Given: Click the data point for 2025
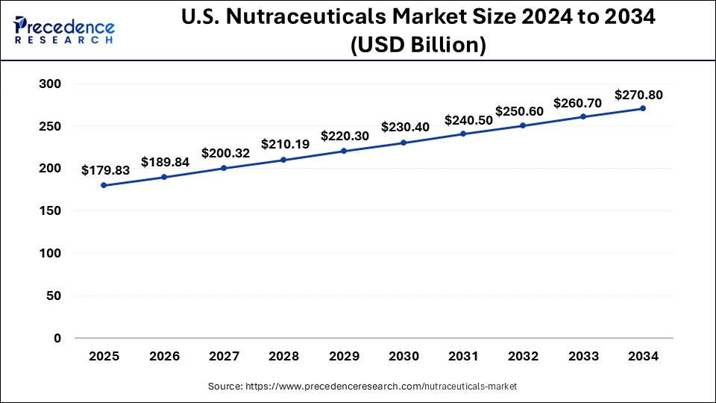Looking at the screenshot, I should [x=104, y=185].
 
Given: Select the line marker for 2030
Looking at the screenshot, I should [x=403, y=143].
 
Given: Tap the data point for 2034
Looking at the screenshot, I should [x=643, y=108].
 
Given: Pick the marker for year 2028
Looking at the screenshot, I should [x=284, y=160].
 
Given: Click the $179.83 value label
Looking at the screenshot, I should [x=105, y=170].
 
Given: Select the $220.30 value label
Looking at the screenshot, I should [x=345, y=136].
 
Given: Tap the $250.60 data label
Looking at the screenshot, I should [x=524, y=110].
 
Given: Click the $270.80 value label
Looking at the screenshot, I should [x=638, y=95].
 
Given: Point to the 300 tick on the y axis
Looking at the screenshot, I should [x=50, y=84].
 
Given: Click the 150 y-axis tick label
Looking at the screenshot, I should [x=50, y=211].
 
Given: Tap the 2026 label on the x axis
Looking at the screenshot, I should [x=164, y=357].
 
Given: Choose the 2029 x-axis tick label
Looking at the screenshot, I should [x=344, y=357].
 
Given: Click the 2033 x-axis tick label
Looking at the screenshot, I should [x=583, y=357].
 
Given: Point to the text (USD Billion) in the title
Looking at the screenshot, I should [x=418, y=45].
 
